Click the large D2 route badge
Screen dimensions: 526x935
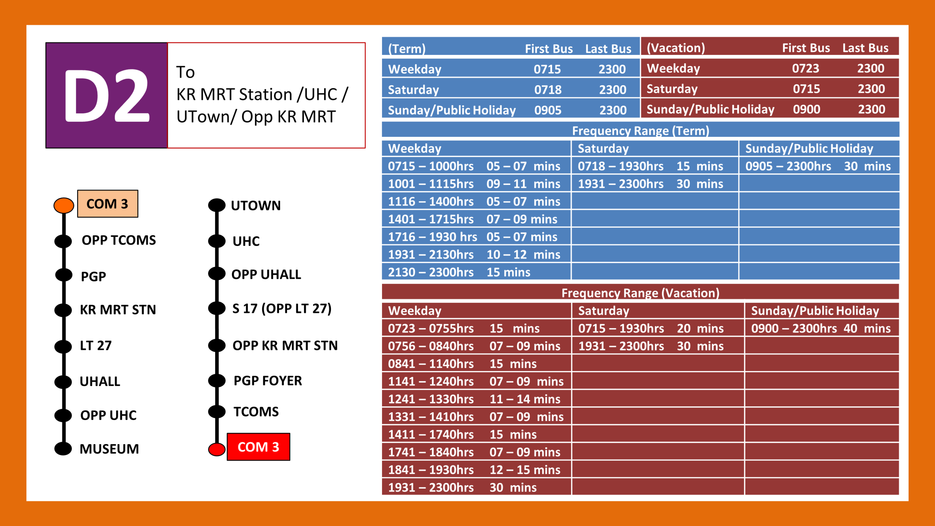tap(106, 96)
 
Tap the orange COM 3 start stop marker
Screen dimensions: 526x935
tap(64, 205)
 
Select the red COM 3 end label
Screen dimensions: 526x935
tap(258, 447)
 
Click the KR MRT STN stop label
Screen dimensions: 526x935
tap(118, 309)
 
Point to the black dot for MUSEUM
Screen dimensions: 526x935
tap(63, 449)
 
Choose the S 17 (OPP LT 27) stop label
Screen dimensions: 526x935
tap(282, 309)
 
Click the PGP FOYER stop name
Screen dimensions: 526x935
tap(268, 380)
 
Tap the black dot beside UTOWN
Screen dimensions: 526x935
tap(217, 205)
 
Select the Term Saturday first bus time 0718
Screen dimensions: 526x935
tap(548, 90)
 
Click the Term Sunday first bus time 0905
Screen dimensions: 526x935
tap(548, 110)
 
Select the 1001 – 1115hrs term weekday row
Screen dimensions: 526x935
tap(474, 184)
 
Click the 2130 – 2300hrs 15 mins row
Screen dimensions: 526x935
tap(459, 272)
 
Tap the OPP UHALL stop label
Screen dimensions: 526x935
tap(266, 274)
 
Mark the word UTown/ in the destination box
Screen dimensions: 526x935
tap(206, 117)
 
